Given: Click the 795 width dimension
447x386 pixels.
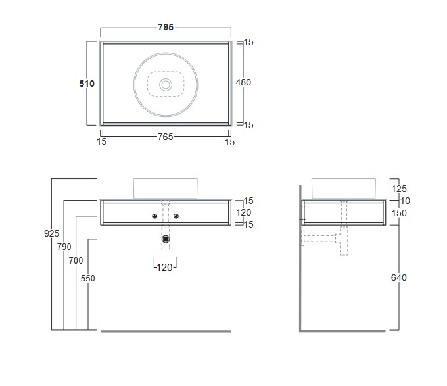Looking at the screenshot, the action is tap(166, 27).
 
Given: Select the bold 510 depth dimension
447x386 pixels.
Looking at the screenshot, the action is tap(87, 84).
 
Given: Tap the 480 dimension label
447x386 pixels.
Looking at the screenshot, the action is tap(243, 82).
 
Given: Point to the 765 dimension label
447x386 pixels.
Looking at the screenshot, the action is tap(166, 137).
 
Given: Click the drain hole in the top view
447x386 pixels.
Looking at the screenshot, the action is tap(166, 85).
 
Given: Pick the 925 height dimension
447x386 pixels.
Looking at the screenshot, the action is tap(51, 233).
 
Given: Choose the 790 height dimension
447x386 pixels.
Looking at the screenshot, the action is tap(64, 247).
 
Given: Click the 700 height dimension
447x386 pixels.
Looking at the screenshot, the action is tap(76, 260).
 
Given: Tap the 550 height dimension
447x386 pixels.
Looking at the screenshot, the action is tap(87, 278).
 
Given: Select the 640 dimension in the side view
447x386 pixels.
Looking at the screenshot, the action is tap(398, 277).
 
